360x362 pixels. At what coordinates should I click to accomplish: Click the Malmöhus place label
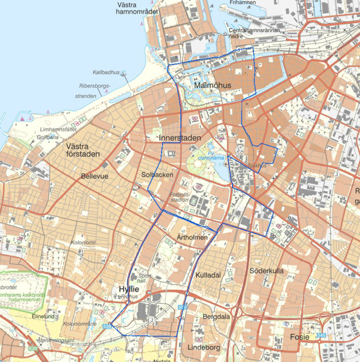[213, 85]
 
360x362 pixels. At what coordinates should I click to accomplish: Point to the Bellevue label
[95, 176]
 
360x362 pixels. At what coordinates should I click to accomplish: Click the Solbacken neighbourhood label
[157, 175]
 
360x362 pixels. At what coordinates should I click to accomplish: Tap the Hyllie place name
[129, 289]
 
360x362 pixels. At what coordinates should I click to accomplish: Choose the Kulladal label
[208, 275]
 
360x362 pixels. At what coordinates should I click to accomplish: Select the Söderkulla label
[266, 270]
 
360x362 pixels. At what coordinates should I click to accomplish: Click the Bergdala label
[217, 317]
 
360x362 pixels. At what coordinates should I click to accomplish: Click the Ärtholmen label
[192, 238]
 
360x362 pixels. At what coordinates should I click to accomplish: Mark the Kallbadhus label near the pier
[106, 73]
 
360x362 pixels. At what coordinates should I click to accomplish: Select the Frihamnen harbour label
[242, 3]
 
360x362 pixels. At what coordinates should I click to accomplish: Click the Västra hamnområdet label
[135, 8]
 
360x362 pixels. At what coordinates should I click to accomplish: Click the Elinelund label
[43, 317]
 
